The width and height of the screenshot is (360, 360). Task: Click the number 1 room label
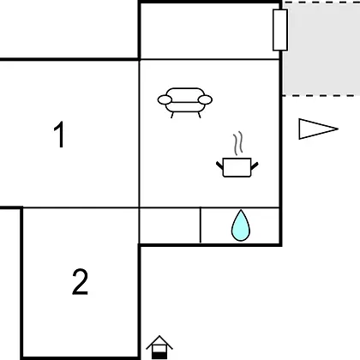coord(59,135)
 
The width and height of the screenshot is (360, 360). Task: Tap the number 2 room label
coord(80,282)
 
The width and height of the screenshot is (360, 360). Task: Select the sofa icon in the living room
coord(185,103)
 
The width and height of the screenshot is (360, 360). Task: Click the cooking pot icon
coord(237,167)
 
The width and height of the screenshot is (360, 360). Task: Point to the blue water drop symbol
coord(241,225)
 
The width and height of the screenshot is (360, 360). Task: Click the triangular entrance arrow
coord(318,129)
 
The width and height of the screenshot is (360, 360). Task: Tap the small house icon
coord(159,347)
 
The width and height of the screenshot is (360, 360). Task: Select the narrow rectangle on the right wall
coord(280,30)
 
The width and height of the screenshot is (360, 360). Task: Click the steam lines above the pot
coord(238,143)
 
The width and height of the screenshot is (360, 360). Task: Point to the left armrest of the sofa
coord(165,99)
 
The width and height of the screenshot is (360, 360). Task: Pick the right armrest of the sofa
coord(205,99)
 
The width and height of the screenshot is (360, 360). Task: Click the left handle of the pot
coord(219,165)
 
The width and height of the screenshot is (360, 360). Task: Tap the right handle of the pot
coord(255,165)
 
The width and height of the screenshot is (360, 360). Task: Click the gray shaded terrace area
coord(321,49)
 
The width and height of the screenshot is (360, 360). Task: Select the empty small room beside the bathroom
coord(170,225)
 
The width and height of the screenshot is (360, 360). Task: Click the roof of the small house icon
coord(159,342)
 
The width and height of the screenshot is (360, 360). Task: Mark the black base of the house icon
coord(159,356)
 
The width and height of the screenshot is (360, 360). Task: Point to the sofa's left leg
coord(172,115)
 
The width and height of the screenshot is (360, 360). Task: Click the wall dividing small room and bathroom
coord(201,225)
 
